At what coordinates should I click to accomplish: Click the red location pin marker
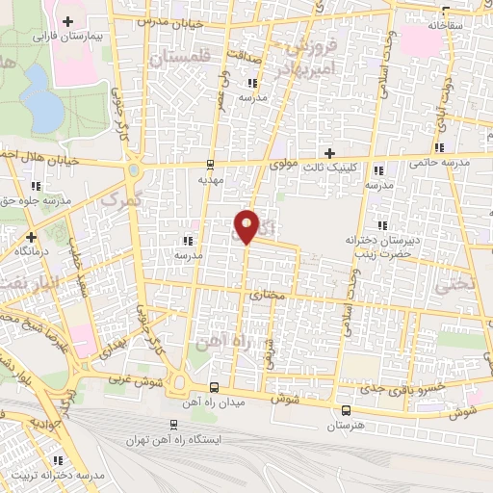247,225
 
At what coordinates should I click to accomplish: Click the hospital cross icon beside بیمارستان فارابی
67,20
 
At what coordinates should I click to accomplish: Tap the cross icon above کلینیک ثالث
330,152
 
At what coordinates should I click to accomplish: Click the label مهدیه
210,179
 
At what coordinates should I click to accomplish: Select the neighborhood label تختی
455,285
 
